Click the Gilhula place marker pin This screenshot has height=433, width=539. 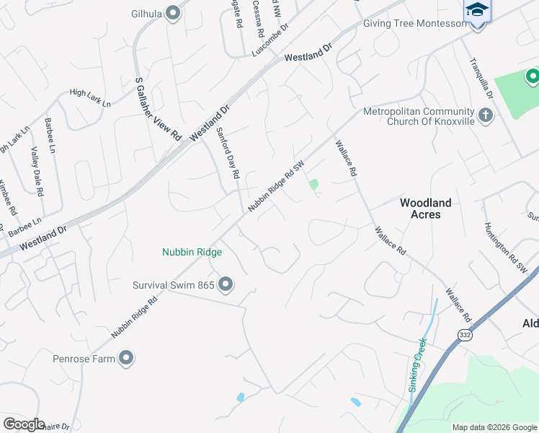click(173, 13)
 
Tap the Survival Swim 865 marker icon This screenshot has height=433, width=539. click(226, 285)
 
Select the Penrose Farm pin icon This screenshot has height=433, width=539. click(126, 357)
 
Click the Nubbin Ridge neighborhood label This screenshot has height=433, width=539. click(192, 253)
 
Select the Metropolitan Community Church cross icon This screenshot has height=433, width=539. click(486, 114)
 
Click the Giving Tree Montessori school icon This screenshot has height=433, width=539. click(476, 12)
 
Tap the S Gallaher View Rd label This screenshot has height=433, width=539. click(157, 109)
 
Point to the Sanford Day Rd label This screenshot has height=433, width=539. click(228, 152)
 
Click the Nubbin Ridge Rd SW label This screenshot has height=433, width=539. click(277, 186)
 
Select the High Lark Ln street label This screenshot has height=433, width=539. click(90, 98)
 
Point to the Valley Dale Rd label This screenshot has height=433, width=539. click(37, 172)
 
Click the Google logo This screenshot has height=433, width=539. click(24, 424)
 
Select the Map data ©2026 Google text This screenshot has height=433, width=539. click(494, 427)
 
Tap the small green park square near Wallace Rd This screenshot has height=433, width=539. click(313, 184)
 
